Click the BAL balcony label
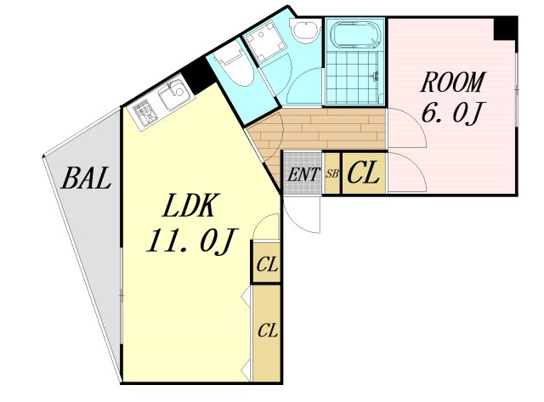tap(87, 178)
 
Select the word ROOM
tap(451, 82)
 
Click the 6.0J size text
tap(451, 113)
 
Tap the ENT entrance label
tap(303, 174)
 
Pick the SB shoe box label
tap(332, 173)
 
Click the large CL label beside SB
tap(363, 173)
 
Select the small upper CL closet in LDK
tap(266, 263)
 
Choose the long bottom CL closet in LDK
tap(267, 333)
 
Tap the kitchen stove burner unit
tap(144, 113)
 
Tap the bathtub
tap(355, 35)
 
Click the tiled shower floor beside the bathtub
tap(354, 78)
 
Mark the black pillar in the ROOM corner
tap(505, 29)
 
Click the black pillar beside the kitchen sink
tap(199, 76)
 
